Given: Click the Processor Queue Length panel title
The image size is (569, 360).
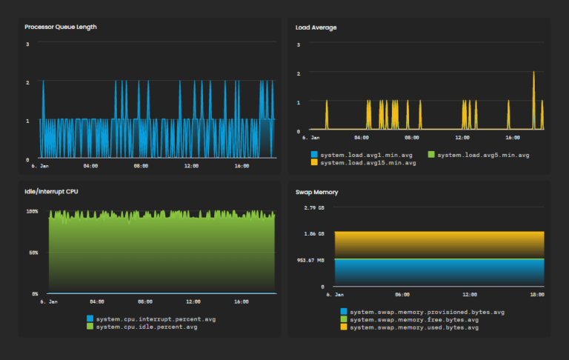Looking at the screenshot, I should coord(61,27).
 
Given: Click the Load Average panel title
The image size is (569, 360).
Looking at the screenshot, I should coord(316,27).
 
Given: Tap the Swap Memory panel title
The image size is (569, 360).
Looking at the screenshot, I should coord(316,192).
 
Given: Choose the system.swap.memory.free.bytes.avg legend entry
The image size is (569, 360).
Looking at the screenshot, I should coord(410,319).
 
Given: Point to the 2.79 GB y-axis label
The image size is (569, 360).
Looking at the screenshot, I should coord(315,208).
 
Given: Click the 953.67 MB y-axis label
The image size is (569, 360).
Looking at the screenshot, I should coord(311,260).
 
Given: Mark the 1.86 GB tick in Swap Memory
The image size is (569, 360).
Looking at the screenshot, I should coord(315,234).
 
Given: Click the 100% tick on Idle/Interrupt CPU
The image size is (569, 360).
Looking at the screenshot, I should coord(33,212).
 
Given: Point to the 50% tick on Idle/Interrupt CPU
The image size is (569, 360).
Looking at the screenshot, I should coord(34,253).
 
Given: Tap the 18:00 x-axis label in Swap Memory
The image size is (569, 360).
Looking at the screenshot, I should coord(536,294).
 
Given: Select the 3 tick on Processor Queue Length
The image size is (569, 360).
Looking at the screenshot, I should coord(27,44).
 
